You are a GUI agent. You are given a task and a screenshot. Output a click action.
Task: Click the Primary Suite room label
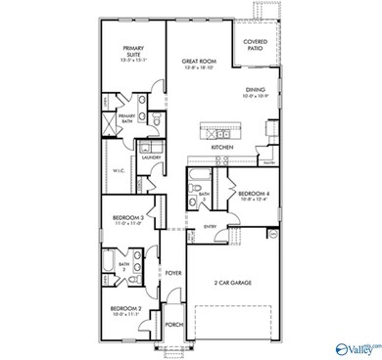(132, 51)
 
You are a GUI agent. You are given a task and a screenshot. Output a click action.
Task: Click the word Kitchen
(222, 148)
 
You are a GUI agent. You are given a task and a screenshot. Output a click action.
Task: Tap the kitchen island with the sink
(221, 126)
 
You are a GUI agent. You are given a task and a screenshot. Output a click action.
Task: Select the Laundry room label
(151, 157)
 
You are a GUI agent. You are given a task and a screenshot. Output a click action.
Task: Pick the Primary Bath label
(126, 117)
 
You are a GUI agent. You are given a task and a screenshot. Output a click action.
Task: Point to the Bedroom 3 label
(128, 218)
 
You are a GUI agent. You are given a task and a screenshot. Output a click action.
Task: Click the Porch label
(173, 324)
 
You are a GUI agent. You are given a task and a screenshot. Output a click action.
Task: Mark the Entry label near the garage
(210, 226)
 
